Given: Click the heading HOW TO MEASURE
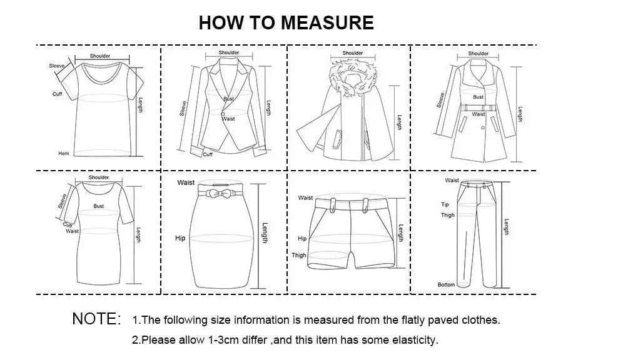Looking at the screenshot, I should pyautogui.click(x=286, y=23).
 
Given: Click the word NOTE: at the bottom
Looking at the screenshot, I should pyautogui.click(x=96, y=319).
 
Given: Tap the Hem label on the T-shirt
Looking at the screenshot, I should pyautogui.click(x=64, y=153).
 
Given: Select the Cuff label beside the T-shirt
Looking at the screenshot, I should pyautogui.click(x=57, y=94).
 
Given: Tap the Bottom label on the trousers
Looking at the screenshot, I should pyautogui.click(x=446, y=284).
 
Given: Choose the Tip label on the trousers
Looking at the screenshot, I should pyautogui.click(x=445, y=204).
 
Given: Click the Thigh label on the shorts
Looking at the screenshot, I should pyautogui.click(x=299, y=255).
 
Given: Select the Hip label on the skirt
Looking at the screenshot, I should pyautogui.click(x=180, y=238).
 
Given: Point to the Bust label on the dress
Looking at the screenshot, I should pyautogui.click(x=99, y=206).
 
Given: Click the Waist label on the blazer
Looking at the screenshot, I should pyautogui.click(x=228, y=118).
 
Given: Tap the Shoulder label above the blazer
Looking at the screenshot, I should pyautogui.click(x=228, y=52).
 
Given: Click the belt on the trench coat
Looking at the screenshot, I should pyautogui.click(x=479, y=108).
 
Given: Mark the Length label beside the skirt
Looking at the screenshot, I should pyautogui.click(x=265, y=233).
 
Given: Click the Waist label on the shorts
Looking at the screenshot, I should pyautogui.click(x=305, y=197).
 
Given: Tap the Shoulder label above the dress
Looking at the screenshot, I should pyautogui.click(x=99, y=177).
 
